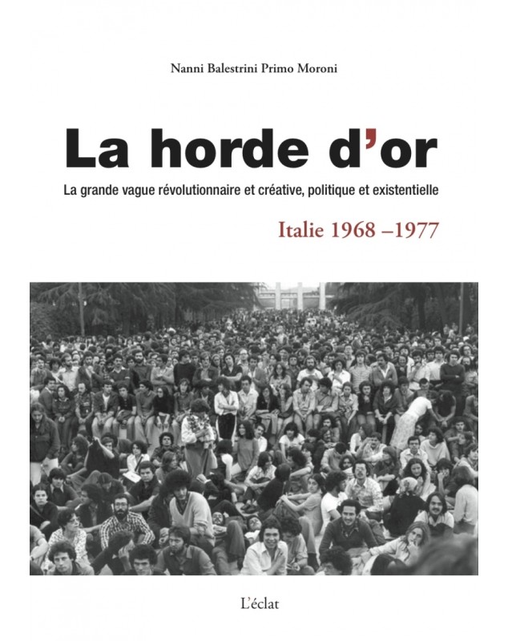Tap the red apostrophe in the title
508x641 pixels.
[369, 140]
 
